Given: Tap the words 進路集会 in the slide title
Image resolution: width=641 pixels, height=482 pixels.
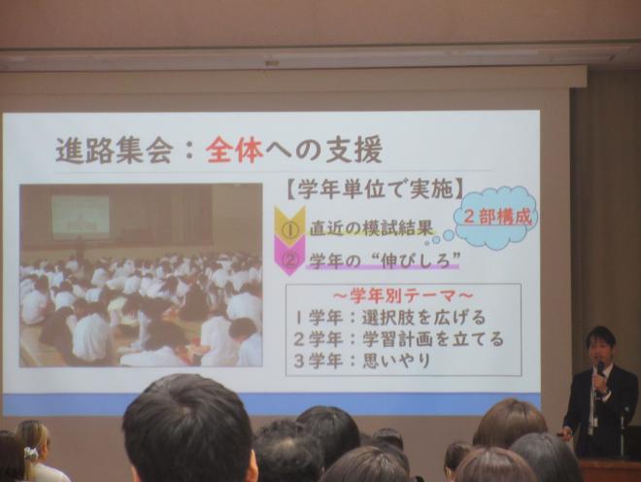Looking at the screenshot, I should pos(116,150).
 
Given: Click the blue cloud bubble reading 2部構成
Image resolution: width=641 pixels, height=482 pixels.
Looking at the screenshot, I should pos(496,217).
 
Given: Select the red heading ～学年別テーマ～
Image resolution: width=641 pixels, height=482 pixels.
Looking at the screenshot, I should pos(402,294).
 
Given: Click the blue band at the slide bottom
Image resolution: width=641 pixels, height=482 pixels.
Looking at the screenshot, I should pos(272,402).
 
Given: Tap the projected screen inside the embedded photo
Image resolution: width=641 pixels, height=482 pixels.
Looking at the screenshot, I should pos(81,216).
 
